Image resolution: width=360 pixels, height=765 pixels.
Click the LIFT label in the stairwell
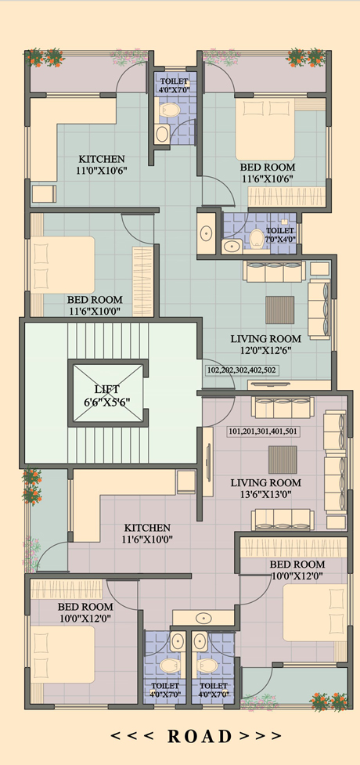click(108, 389)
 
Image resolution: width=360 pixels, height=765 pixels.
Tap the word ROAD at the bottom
click(200, 736)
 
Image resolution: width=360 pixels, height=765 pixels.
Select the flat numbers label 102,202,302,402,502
click(242, 370)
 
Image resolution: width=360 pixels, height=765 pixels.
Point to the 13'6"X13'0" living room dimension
click(266, 494)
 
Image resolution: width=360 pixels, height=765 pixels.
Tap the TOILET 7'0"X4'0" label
click(280, 235)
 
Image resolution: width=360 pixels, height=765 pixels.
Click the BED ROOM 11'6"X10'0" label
click(95, 305)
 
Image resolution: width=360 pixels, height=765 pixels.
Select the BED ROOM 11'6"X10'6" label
click(268, 173)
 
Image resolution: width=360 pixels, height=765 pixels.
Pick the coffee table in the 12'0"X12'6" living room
click(280, 309)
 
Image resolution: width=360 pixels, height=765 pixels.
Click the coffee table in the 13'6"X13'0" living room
click(283, 460)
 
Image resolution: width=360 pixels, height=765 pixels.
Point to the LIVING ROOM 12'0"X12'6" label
click(266, 344)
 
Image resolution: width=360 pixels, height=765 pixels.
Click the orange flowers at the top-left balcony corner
click(45, 58)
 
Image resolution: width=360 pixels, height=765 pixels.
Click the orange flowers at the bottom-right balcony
click(329, 701)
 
